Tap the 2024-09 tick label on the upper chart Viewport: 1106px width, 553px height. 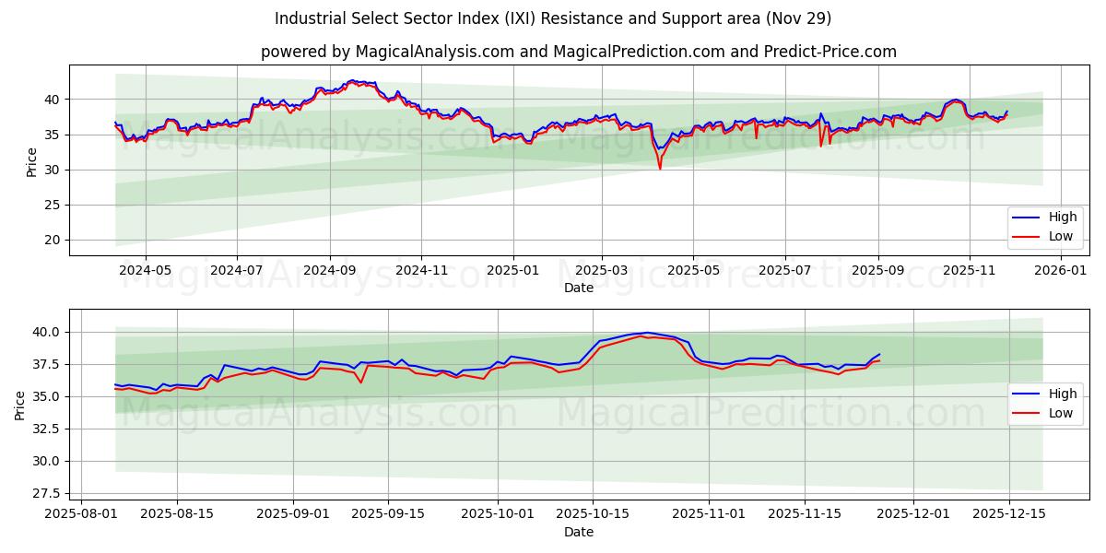pos(329,271)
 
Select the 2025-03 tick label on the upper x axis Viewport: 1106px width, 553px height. pos(602,271)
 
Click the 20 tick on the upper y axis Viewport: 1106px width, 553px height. pos(53,240)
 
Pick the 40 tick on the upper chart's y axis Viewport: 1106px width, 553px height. pos(53,100)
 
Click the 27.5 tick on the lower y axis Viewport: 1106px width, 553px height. pos(45,494)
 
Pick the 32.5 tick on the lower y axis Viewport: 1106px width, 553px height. pos(45,429)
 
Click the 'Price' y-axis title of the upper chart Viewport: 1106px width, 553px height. pos(32,162)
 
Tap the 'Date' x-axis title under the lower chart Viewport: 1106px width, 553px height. pos(578,532)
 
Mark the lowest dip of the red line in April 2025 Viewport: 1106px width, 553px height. pos(660,169)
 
